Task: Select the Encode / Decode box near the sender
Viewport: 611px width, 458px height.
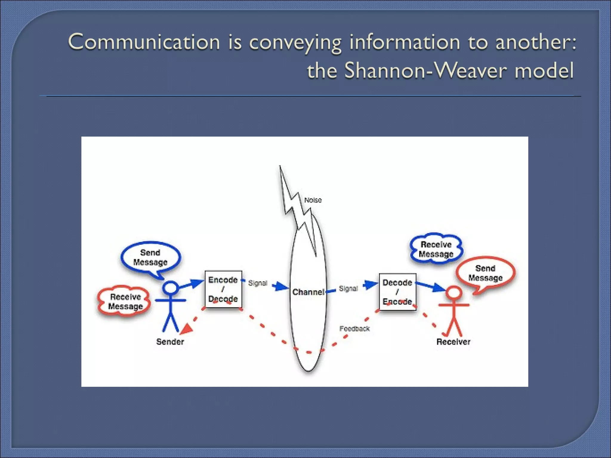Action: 223,289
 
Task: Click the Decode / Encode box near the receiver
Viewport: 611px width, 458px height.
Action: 397,292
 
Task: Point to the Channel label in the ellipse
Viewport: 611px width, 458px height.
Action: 308,292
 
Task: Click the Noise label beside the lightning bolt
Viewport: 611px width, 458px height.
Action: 313,200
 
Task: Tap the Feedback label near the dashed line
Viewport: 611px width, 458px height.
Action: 354,329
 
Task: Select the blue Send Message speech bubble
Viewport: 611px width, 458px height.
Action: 150,257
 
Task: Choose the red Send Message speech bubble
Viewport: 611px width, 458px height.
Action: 485,273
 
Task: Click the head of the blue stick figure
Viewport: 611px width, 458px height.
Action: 170,288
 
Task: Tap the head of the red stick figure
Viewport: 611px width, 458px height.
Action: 454,293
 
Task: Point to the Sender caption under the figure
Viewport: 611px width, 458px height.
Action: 170,342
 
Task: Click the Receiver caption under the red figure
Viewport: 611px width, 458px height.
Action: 453,342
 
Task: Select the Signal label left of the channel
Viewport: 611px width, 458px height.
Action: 258,283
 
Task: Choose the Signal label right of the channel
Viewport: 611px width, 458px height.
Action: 348,288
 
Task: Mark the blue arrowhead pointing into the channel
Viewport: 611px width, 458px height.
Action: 281,287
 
